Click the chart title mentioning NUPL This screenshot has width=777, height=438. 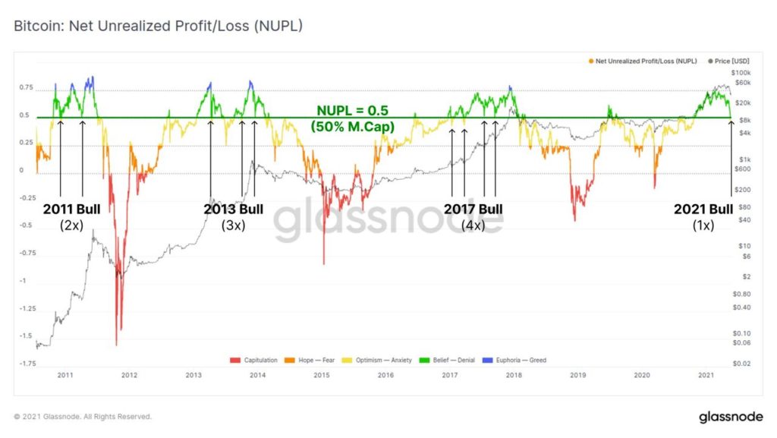[158, 26]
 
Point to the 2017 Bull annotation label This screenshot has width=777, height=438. [473, 209]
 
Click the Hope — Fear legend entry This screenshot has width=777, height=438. [311, 360]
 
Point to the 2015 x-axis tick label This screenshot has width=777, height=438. [322, 375]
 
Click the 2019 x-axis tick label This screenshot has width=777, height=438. [578, 375]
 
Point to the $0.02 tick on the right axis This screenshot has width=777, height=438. [742, 364]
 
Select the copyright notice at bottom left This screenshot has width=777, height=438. [83, 417]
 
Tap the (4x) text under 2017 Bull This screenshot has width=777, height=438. [473, 225]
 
